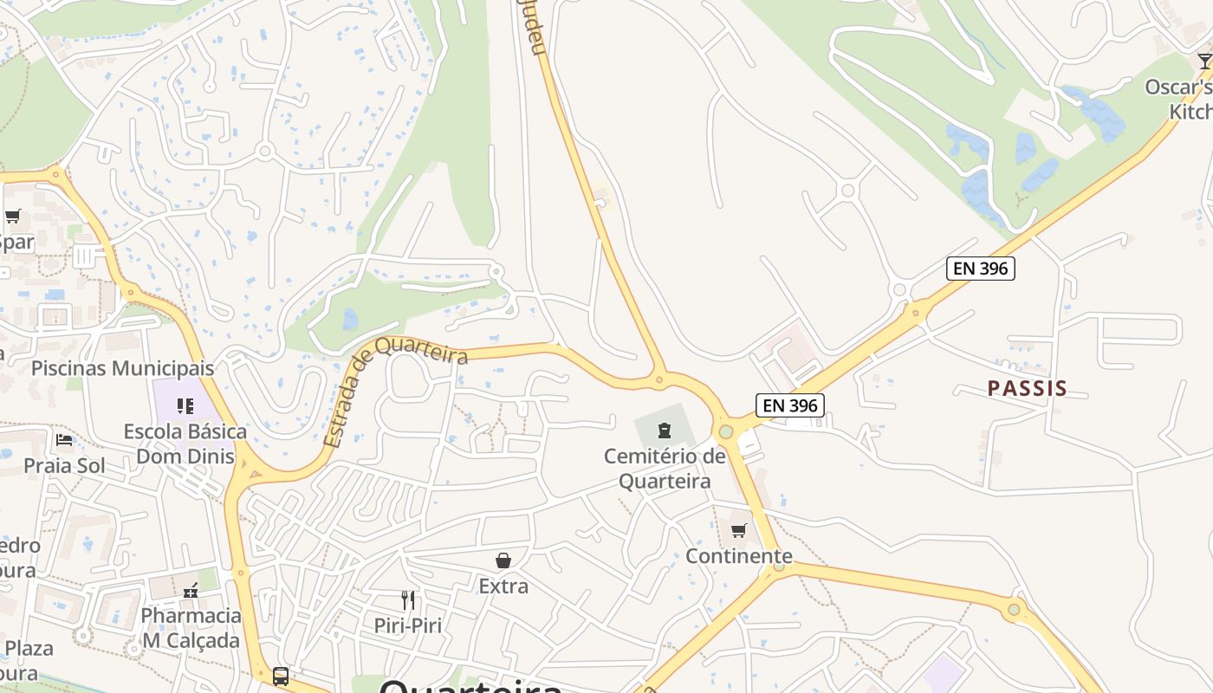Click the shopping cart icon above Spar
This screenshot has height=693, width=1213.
click(12, 217)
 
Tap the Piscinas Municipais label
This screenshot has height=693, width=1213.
click(122, 368)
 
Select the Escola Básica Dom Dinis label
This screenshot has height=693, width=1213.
click(185, 444)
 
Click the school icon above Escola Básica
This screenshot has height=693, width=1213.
click(185, 405)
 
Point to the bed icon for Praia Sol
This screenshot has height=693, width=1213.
click(64, 439)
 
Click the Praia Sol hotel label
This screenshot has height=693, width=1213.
click(64, 465)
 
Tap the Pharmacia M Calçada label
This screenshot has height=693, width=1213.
click(191, 628)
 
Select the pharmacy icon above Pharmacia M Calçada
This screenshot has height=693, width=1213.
click(191, 591)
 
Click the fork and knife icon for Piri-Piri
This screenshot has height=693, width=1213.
click(408, 599)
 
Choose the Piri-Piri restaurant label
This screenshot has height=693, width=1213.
click(408, 625)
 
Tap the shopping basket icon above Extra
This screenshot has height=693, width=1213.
click(503, 560)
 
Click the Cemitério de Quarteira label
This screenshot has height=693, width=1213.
click(665, 469)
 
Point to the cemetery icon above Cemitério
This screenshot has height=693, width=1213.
click(665, 430)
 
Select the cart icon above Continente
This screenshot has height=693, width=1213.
click(739, 530)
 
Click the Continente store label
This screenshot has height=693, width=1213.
click(739, 556)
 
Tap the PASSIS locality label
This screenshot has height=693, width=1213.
click(1027, 388)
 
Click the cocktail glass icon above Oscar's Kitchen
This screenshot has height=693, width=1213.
click(1204, 62)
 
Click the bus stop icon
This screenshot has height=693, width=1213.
click(280, 676)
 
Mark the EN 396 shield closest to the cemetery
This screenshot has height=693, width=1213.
click(789, 405)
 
